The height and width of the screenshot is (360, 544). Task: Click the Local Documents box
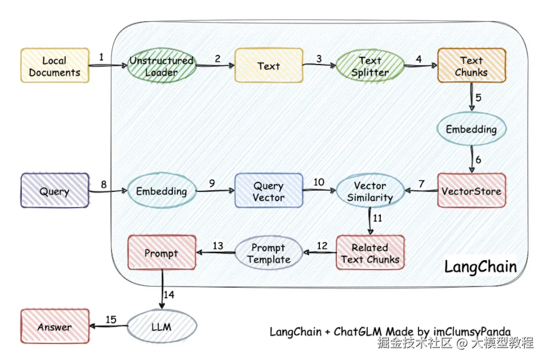tap(54, 66)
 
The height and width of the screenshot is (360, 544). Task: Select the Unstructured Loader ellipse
tap(161, 66)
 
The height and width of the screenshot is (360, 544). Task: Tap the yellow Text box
tap(269, 65)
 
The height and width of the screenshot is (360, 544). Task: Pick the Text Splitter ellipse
tap(370, 66)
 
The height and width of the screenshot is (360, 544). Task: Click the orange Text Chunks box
tap(471, 66)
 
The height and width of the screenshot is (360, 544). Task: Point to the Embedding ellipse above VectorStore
tap(471, 129)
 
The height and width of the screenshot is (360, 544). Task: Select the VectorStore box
tap(471, 191)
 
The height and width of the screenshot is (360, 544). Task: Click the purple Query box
tap(54, 191)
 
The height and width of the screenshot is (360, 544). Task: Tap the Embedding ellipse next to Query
tap(161, 191)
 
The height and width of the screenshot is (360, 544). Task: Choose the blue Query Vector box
tap(269, 191)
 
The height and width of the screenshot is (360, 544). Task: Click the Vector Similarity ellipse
tap(370, 191)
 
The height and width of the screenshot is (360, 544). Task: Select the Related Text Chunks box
tap(370, 253)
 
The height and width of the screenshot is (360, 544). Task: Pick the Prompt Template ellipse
tap(269, 253)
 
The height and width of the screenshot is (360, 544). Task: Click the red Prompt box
tap(161, 253)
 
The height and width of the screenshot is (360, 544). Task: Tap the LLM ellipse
tap(161, 327)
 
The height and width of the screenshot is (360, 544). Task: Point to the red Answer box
tap(54, 327)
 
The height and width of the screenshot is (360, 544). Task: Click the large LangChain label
tap(481, 266)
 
